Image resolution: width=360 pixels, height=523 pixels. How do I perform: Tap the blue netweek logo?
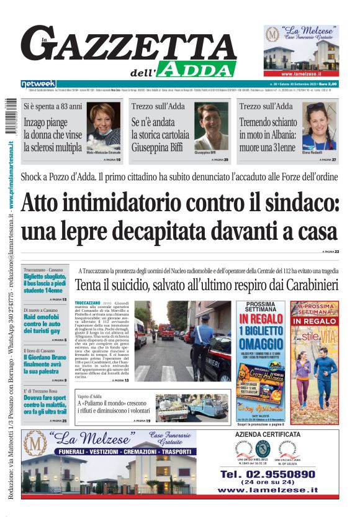tap(38, 83)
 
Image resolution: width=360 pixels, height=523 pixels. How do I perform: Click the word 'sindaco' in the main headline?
tap(288, 203)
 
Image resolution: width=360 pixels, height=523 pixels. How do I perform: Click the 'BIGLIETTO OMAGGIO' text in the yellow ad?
tap(261, 335)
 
